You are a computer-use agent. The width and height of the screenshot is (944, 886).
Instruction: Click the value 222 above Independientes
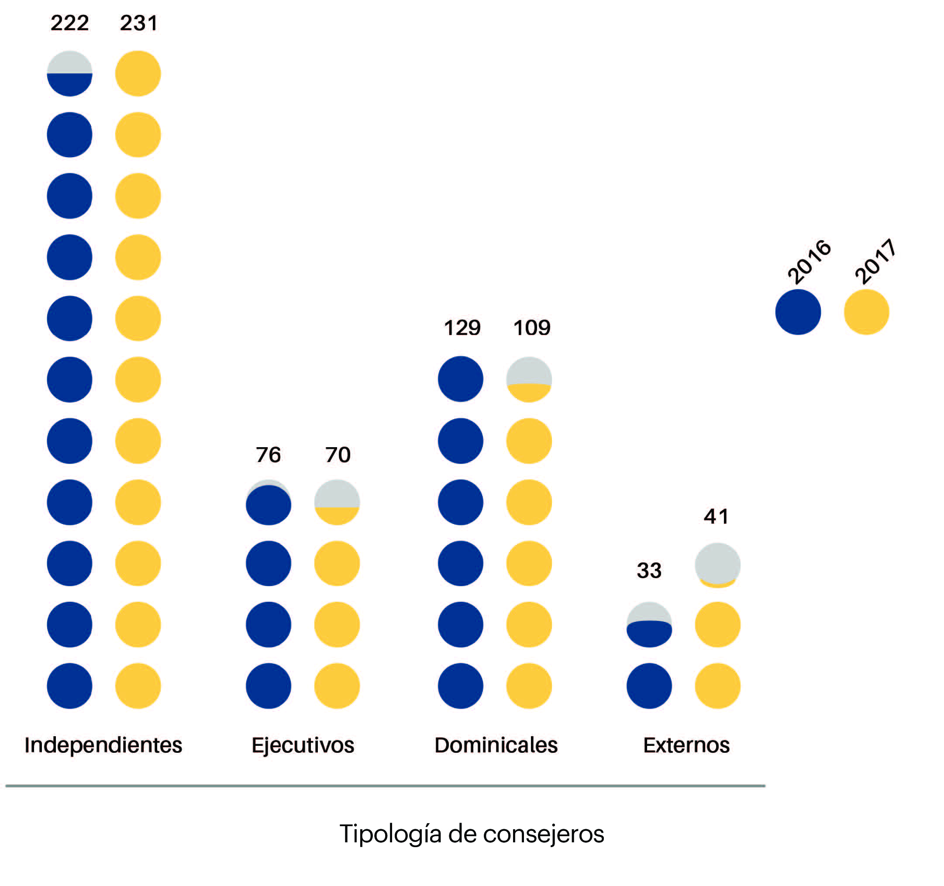click(x=70, y=23)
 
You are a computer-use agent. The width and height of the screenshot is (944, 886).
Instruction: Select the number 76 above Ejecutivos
click(x=268, y=455)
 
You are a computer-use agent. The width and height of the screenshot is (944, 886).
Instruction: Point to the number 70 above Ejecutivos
click(x=338, y=455)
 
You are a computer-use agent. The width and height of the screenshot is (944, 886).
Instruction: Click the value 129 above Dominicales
click(x=462, y=328)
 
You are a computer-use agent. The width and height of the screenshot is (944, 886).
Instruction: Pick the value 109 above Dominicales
click(x=532, y=328)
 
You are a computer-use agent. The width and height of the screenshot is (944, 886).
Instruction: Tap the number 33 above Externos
click(x=649, y=570)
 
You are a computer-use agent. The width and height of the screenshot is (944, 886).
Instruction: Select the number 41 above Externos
click(x=716, y=516)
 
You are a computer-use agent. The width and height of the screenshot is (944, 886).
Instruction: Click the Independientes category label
click(x=103, y=745)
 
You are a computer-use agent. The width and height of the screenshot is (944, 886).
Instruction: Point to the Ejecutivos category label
click(x=303, y=745)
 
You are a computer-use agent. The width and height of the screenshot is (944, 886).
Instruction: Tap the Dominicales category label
click(x=496, y=745)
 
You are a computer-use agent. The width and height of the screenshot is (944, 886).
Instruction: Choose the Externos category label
click(x=686, y=745)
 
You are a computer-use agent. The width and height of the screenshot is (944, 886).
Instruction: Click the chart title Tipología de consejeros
click(x=472, y=834)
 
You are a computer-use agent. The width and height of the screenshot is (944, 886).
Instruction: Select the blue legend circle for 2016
click(x=798, y=312)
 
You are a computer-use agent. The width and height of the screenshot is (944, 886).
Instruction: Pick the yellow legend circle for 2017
click(x=866, y=312)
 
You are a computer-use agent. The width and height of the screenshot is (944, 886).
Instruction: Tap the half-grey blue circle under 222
click(x=70, y=74)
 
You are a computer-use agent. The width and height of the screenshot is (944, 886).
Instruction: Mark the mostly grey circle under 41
click(x=717, y=565)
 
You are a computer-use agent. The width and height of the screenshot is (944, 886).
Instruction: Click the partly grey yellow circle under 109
click(x=529, y=379)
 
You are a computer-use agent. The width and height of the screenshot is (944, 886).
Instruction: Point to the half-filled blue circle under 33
click(x=649, y=624)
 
